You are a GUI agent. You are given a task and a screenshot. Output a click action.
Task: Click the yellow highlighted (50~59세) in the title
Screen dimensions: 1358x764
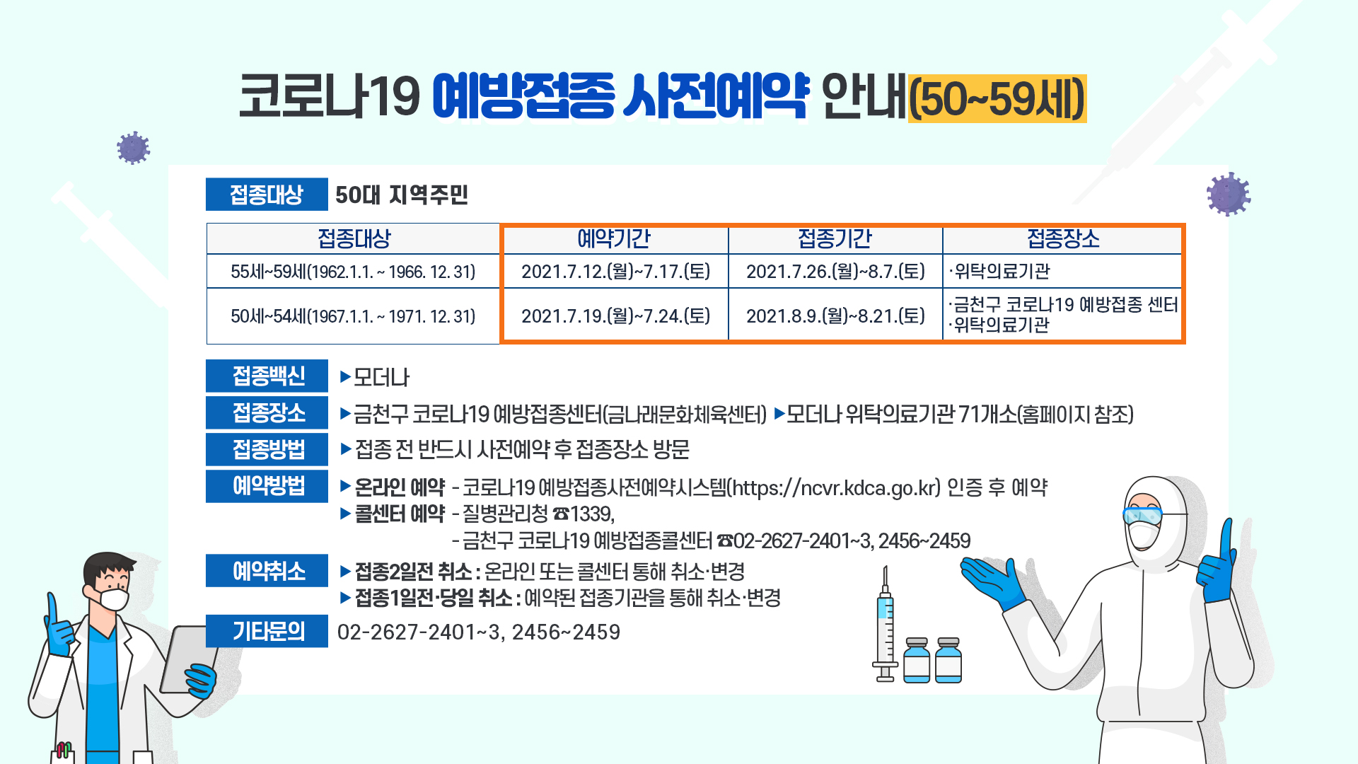click(997, 98)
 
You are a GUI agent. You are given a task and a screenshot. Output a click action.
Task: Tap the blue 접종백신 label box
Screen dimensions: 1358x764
click(267, 376)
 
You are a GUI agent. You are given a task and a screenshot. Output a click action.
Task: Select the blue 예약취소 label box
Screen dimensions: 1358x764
click(267, 570)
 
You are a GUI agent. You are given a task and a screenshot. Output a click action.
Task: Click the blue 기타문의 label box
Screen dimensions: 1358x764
click(267, 631)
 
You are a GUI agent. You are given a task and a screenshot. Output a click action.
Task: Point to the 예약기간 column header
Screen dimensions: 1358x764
click(614, 239)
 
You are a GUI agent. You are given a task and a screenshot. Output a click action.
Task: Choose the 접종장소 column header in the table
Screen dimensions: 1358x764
click(1063, 239)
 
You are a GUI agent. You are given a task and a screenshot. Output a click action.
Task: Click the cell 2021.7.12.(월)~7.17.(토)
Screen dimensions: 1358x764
click(615, 272)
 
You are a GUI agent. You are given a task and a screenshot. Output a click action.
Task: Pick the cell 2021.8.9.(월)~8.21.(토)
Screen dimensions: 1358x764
click(835, 316)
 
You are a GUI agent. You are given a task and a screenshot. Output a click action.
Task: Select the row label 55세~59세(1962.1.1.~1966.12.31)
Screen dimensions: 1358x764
click(353, 272)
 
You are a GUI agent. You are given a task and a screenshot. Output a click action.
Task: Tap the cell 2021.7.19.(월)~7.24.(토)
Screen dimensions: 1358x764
click(615, 316)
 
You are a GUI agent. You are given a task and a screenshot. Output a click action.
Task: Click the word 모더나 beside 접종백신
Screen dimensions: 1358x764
click(381, 377)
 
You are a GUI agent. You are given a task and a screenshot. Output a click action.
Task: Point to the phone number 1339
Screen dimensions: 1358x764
click(592, 514)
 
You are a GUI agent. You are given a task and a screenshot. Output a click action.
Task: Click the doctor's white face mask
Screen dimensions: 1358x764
click(113, 598)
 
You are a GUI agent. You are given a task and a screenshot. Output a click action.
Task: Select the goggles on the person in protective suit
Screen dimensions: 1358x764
click(1142, 515)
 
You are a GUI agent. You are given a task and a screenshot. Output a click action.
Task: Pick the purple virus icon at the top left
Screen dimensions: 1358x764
click(133, 149)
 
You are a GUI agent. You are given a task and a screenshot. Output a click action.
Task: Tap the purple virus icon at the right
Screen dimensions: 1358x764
click(1229, 194)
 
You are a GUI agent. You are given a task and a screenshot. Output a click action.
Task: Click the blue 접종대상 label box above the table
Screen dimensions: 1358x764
click(267, 195)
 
